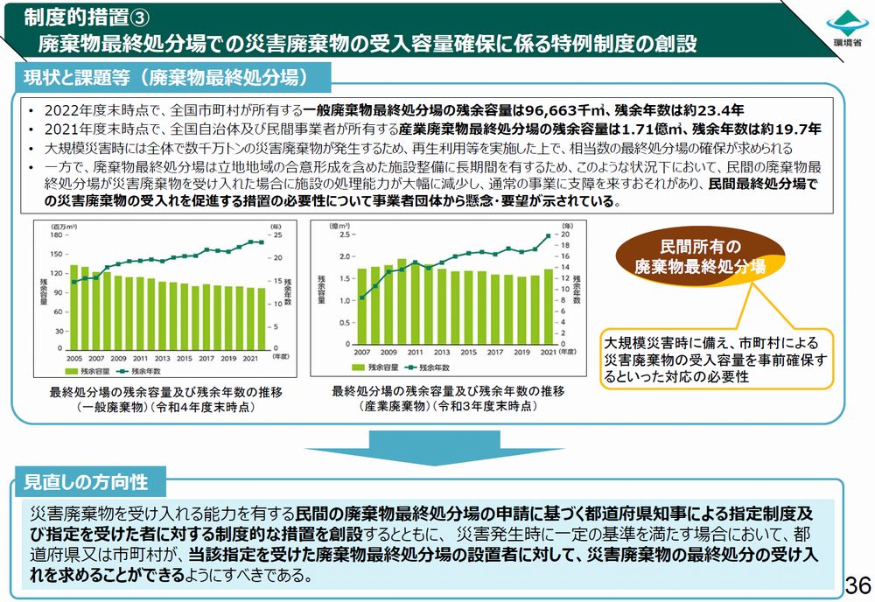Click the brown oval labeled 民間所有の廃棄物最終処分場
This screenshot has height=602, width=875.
click(x=700, y=255)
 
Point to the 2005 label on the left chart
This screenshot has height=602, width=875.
click(x=74, y=358)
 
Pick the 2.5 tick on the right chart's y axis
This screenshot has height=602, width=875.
click(x=343, y=234)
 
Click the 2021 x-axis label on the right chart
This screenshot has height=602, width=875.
click(x=548, y=352)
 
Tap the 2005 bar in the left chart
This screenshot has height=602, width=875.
click(x=74, y=306)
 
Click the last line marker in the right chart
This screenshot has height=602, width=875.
click(x=549, y=235)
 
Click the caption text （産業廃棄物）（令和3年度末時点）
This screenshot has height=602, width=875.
click(x=448, y=407)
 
